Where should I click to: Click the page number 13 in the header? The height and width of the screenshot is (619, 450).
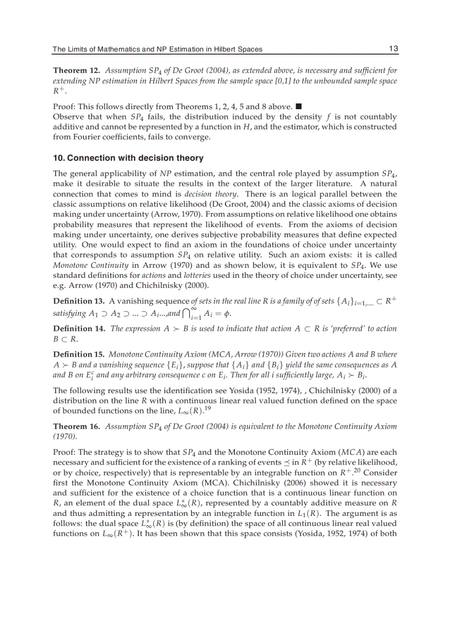393,49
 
